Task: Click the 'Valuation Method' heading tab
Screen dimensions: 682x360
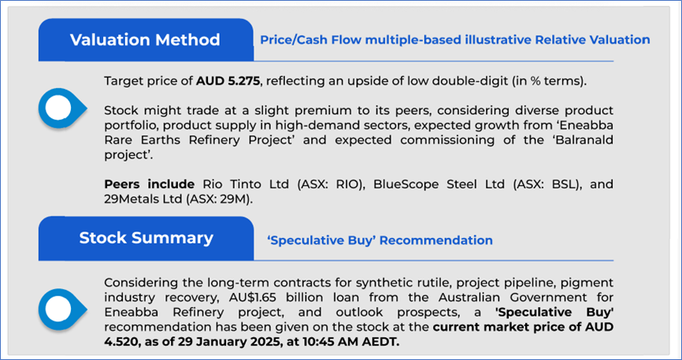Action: (x=146, y=39)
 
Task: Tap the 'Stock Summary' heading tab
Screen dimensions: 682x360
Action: (x=146, y=238)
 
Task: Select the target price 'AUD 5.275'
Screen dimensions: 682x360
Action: (x=228, y=81)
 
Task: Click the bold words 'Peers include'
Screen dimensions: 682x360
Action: (x=149, y=184)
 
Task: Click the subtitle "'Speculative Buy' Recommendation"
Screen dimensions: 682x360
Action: (x=380, y=240)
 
